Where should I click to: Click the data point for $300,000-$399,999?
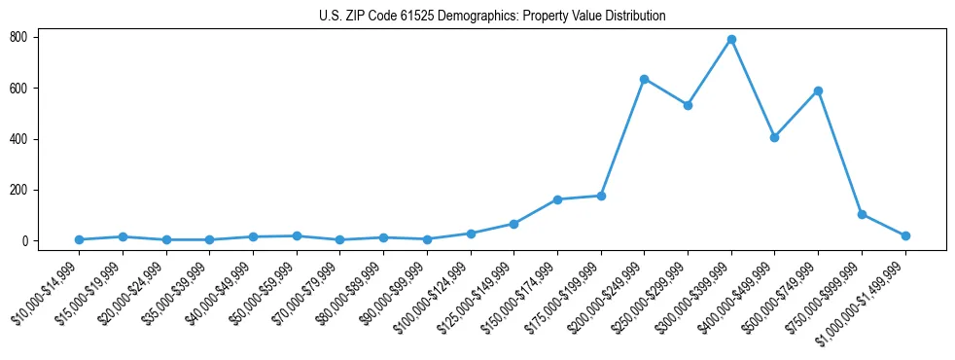(731, 40)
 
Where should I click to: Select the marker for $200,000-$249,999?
(645, 79)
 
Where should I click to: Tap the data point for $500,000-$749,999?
(818, 91)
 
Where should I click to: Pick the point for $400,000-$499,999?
(774, 137)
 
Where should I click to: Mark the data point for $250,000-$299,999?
(688, 105)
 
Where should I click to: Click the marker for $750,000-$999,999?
(862, 214)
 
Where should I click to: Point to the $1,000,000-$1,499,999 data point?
(905, 235)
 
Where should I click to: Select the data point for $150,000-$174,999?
(557, 199)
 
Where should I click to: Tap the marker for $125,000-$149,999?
(513, 224)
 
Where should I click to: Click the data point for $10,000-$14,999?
(79, 239)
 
